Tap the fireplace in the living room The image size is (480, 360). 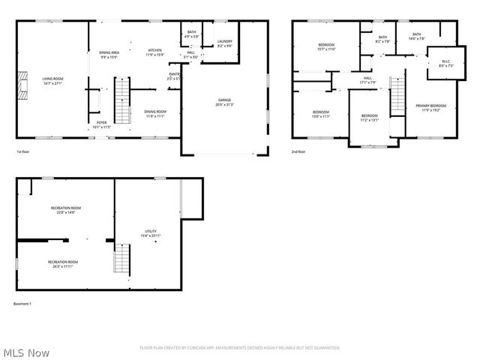pos(22,86)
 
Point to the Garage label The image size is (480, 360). pos(224,102)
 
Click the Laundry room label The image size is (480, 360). pos(224,43)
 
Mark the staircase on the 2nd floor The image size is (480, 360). pos(397,94)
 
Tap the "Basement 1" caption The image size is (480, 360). pos(22,304)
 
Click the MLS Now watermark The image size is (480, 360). pos(25,352)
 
